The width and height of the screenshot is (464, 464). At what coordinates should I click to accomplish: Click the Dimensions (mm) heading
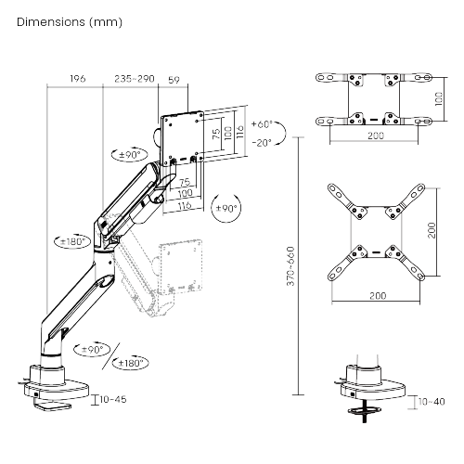pyautogui.click(x=70, y=22)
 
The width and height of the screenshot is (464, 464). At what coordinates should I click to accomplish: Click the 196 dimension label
pyautogui.click(x=78, y=79)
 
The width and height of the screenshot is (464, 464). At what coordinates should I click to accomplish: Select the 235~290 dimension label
pyautogui.click(x=135, y=79)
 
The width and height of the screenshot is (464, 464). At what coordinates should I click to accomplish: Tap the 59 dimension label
pyautogui.click(x=174, y=80)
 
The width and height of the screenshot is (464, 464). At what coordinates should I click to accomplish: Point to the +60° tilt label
pyautogui.click(x=262, y=124)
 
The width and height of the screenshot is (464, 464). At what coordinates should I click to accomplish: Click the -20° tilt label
pyautogui.click(x=262, y=143)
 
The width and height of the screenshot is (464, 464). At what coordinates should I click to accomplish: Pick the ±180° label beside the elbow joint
pyautogui.click(x=73, y=241)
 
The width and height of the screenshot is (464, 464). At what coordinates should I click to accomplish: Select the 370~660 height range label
pyautogui.click(x=290, y=266)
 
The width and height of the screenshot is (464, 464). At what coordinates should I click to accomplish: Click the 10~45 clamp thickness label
pyautogui.click(x=113, y=399)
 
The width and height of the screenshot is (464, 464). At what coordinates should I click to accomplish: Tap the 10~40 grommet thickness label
pyautogui.click(x=432, y=402)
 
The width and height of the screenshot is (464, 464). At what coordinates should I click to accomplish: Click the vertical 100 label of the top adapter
pyautogui.click(x=439, y=99)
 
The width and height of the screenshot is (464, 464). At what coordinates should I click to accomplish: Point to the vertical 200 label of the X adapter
pyautogui.click(x=432, y=230)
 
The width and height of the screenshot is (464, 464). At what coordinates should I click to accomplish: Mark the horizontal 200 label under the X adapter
pyautogui.click(x=378, y=296)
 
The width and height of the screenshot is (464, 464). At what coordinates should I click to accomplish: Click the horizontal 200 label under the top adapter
pyautogui.click(x=376, y=135)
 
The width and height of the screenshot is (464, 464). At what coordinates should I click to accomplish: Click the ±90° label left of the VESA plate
pyautogui.click(x=130, y=155)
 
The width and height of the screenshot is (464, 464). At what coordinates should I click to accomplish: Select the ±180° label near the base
pyautogui.click(x=131, y=363)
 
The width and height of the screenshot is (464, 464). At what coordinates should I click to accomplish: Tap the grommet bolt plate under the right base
pyautogui.click(x=365, y=411)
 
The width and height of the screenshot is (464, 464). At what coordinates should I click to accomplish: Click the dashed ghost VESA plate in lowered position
pyautogui.click(x=180, y=266)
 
